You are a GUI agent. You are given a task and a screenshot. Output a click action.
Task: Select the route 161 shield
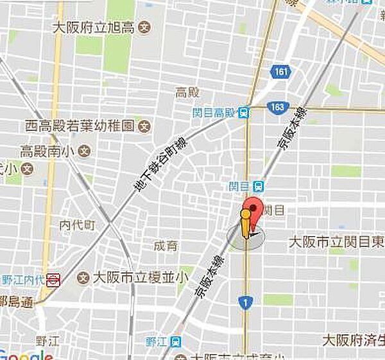[280, 71]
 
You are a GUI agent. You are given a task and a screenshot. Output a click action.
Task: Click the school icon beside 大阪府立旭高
[145, 28]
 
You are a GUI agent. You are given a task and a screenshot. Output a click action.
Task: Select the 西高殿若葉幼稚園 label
[78, 124]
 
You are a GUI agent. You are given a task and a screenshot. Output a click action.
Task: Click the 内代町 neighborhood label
[77, 225]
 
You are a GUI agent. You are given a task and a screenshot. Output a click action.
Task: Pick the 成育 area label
[166, 245]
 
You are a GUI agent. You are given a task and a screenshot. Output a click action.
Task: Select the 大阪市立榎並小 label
[141, 278]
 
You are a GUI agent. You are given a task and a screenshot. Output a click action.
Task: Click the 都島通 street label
[16, 303]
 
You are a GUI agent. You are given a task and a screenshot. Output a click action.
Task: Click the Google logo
[26, 355]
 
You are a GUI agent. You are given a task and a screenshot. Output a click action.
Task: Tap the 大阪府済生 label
[353, 339]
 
